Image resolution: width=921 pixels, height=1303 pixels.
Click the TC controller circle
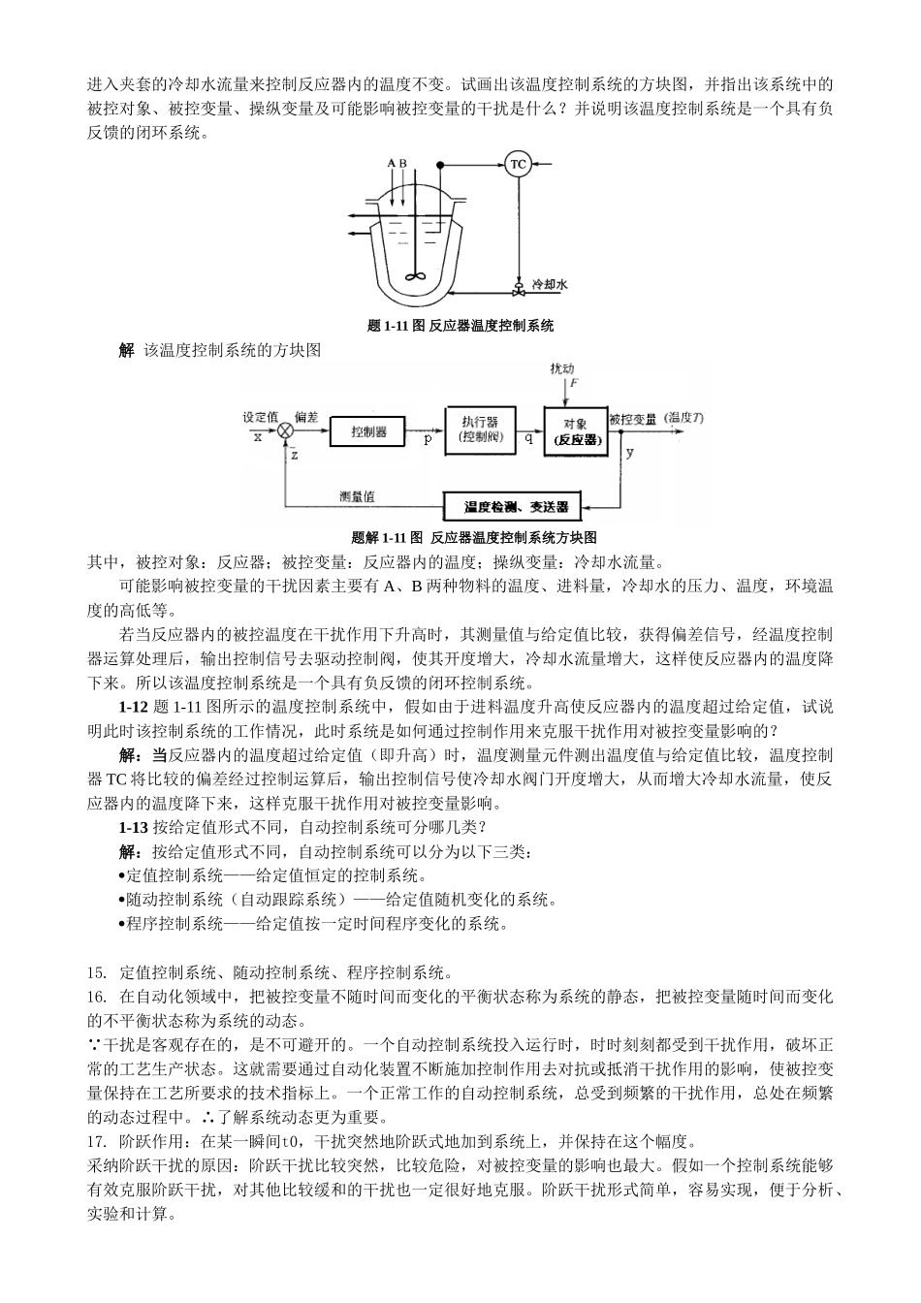pos(518,164)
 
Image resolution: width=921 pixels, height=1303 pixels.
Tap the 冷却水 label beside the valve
pos(549,285)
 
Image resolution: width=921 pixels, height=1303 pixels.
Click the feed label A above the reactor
pos(391,164)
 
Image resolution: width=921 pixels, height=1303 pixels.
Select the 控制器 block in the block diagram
pos(368,431)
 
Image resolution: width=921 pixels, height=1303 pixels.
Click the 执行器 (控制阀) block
pos(480,429)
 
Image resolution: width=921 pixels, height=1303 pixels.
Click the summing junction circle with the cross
pos(286,431)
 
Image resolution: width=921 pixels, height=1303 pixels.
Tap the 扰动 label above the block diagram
pos(561,369)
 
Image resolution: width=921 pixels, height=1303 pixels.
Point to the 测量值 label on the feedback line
pos(358,496)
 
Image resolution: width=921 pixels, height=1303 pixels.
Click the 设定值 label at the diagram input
pos(261,417)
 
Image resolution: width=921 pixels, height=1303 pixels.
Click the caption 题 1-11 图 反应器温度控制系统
pos(460,326)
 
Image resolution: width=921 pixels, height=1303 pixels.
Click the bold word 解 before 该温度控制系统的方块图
pos(126,350)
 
